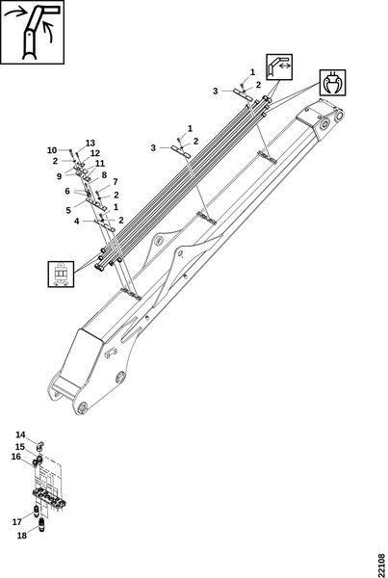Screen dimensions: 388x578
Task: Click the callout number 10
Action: click(52, 150)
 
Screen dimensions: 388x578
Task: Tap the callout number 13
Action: click(91, 143)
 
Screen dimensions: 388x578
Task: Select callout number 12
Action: click(95, 153)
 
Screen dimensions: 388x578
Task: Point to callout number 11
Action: click(99, 164)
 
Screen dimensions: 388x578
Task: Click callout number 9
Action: click(60, 176)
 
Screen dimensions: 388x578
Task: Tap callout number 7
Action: click(116, 182)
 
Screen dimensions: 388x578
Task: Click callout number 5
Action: click(68, 210)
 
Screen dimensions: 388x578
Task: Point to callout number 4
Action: click(77, 222)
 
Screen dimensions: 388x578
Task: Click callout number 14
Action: click(20, 435)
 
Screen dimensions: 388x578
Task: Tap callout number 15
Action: click(20, 447)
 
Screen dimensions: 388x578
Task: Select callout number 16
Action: click(15, 457)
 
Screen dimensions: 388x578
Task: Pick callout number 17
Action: click(17, 522)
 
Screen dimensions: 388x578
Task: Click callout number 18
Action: click(22, 536)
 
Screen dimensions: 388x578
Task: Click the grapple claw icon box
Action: click(333, 83)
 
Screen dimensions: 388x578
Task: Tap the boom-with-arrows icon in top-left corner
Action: click(32, 32)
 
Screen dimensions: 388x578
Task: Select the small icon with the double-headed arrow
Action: click(279, 66)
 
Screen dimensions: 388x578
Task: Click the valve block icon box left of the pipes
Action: click(61, 274)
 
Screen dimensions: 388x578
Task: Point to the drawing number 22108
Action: click(381, 565)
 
